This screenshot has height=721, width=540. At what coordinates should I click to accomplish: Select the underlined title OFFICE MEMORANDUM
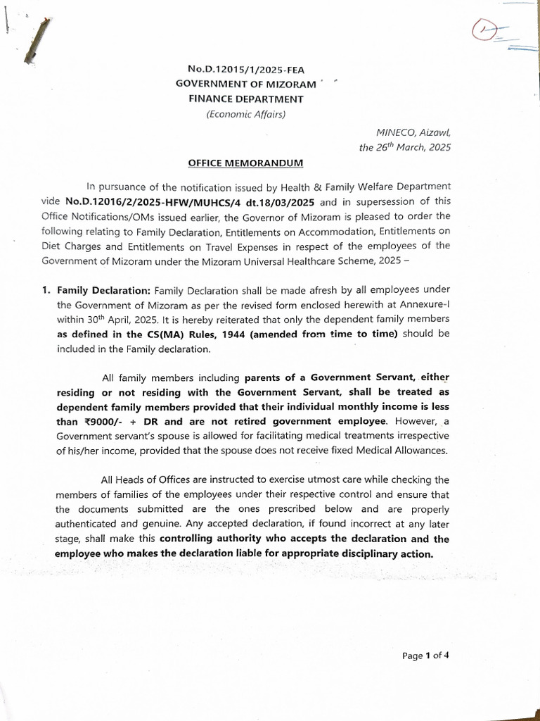245,163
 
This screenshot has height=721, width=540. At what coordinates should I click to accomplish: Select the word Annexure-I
423,304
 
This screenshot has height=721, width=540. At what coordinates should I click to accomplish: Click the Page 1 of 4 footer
425,656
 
